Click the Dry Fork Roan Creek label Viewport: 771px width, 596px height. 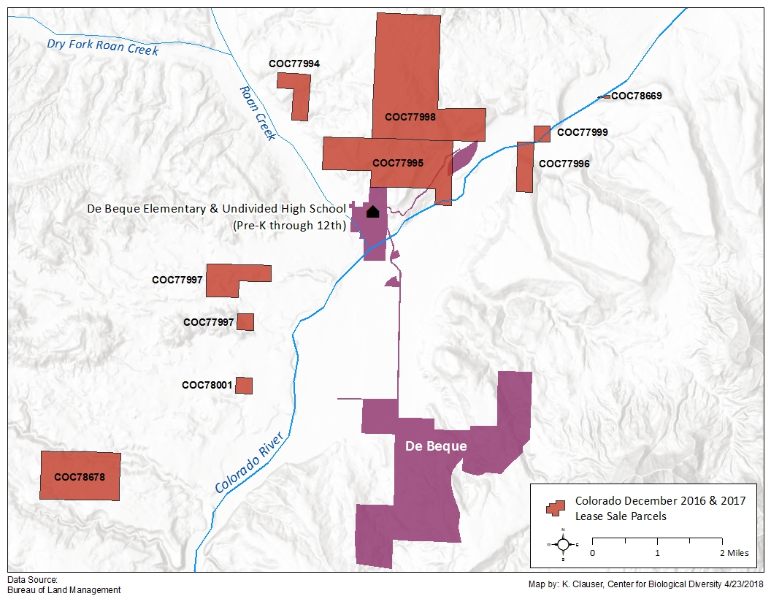(102, 47)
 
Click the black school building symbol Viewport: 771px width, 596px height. (372, 212)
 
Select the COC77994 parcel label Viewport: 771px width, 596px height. (294, 64)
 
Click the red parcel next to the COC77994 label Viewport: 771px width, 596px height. (299, 102)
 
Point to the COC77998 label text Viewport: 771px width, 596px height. (410, 117)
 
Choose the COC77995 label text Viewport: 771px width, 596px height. (398, 163)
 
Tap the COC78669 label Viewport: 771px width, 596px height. (637, 96)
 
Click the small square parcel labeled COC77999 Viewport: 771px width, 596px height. (542, 133)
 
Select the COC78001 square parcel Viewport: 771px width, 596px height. (244, 385)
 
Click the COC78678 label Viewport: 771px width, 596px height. (80, 477)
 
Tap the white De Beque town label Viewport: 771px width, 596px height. (436, 446)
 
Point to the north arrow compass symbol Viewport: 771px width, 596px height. (563, 544)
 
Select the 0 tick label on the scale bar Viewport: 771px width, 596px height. (592, 553)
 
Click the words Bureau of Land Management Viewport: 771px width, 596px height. (64, 589)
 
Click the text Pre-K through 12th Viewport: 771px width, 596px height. (288, 226)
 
